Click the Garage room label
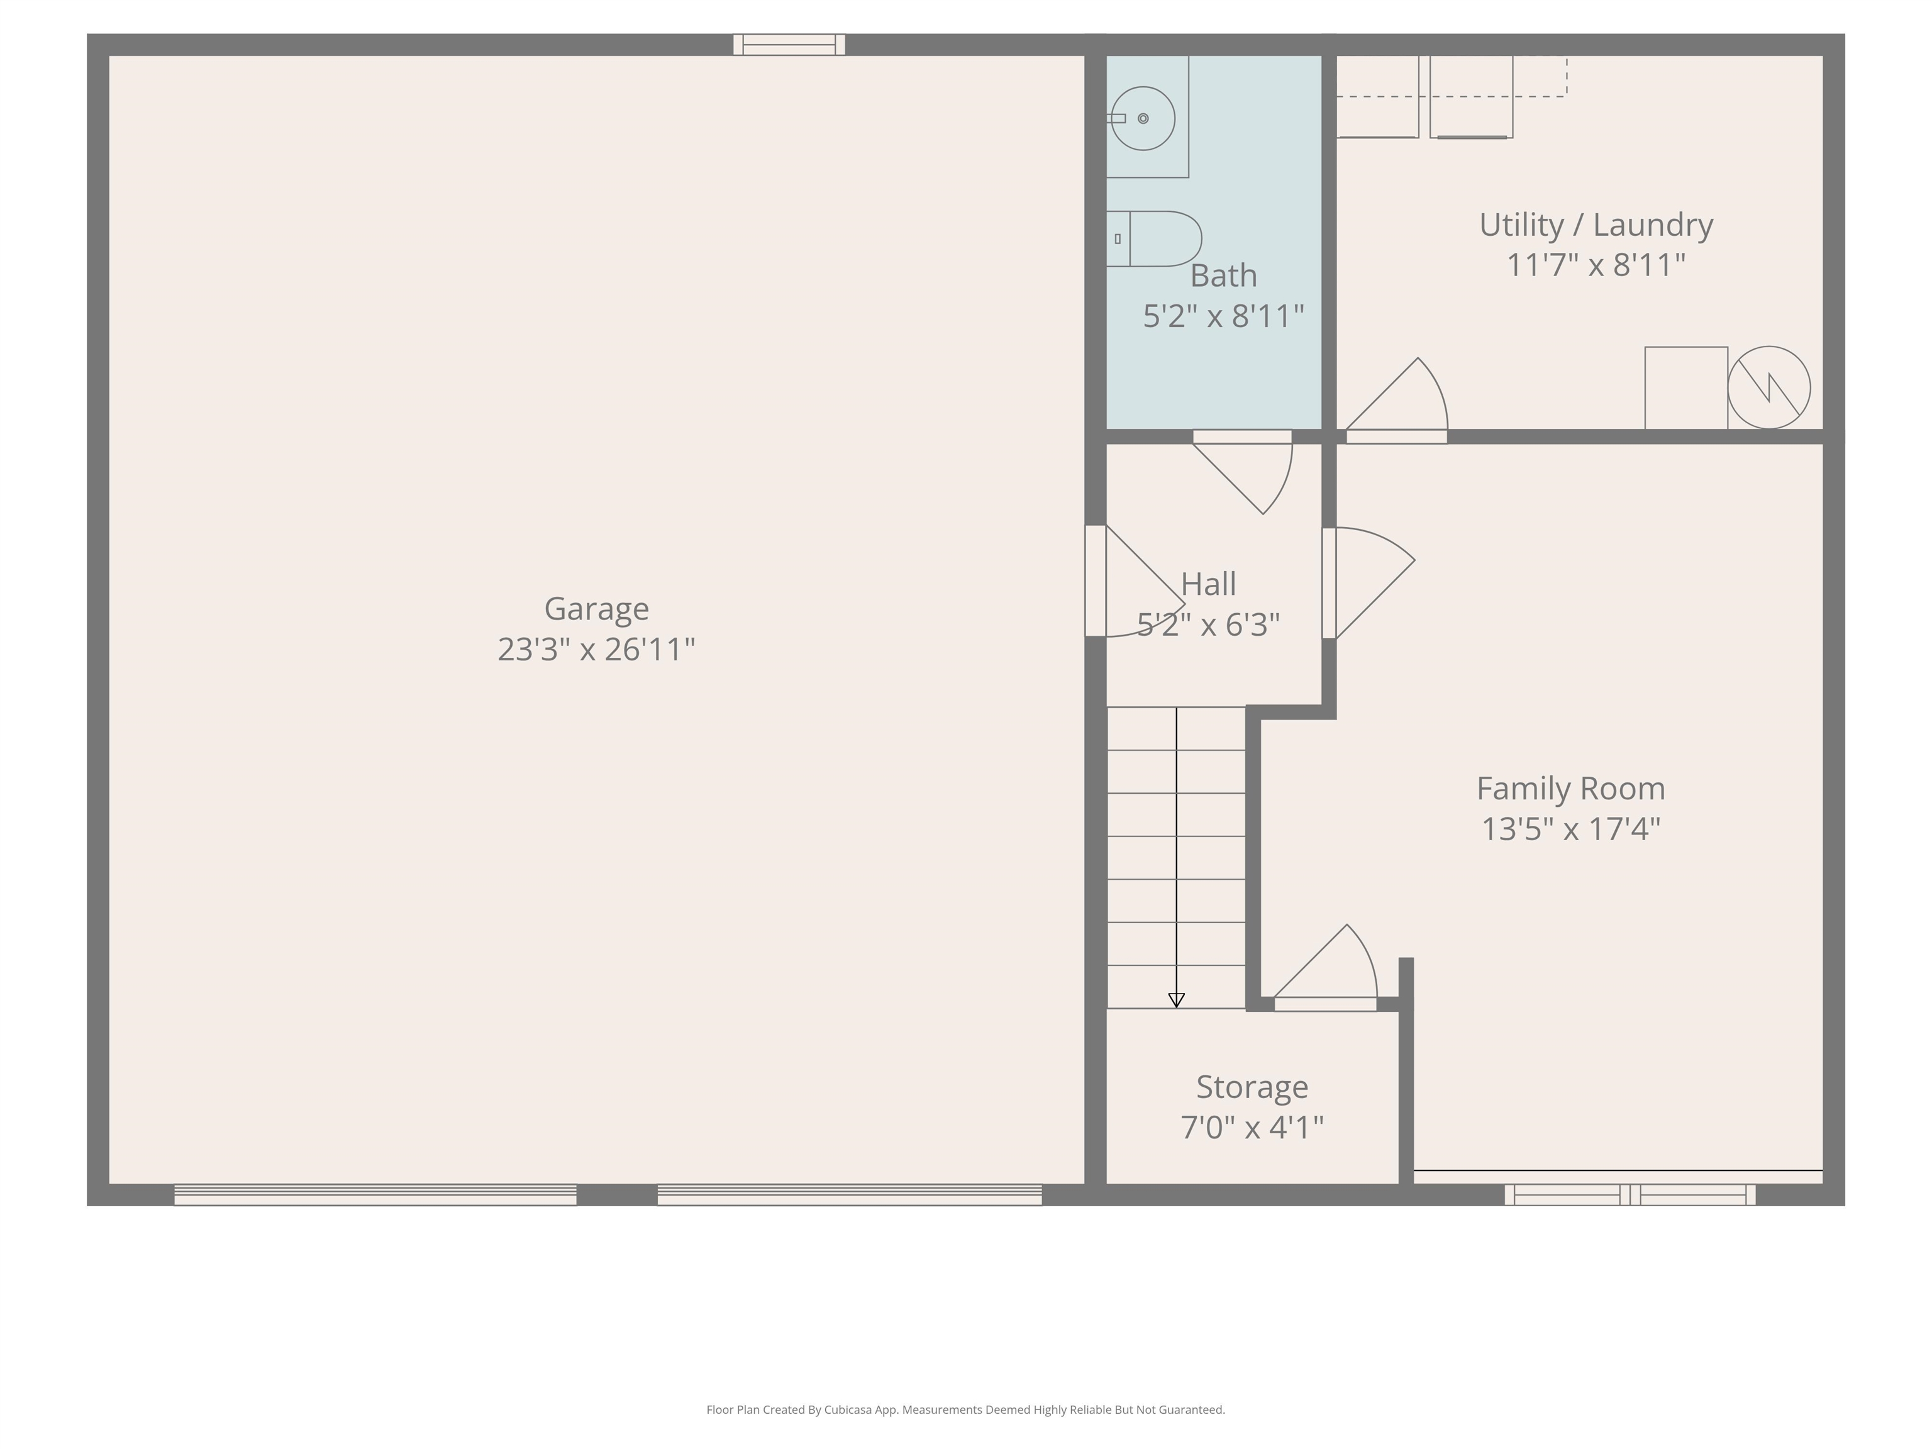point(597,609)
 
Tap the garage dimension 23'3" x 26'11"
point(597,649)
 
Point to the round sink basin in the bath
point(1143,118)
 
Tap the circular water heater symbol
point(1768,388)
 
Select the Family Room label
point(1571,789)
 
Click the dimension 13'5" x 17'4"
point(1571,829)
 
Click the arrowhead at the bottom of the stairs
point(1177,1000)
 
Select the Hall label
point(1209,584)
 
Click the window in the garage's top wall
point(789,45)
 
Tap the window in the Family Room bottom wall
point(1629,1195)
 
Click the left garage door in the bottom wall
point(375,1195)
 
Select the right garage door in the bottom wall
point(850,1195)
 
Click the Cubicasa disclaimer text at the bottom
point(966,1410)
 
